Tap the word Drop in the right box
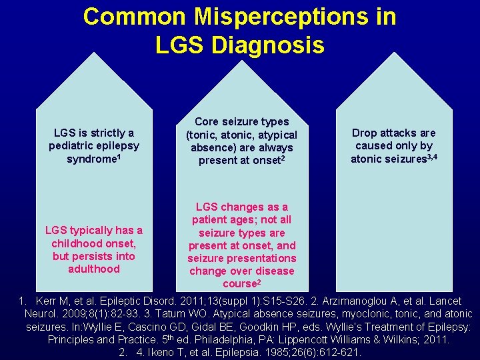365,133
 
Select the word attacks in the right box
400,133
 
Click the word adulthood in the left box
93,269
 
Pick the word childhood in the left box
77,244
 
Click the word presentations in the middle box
263,259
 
